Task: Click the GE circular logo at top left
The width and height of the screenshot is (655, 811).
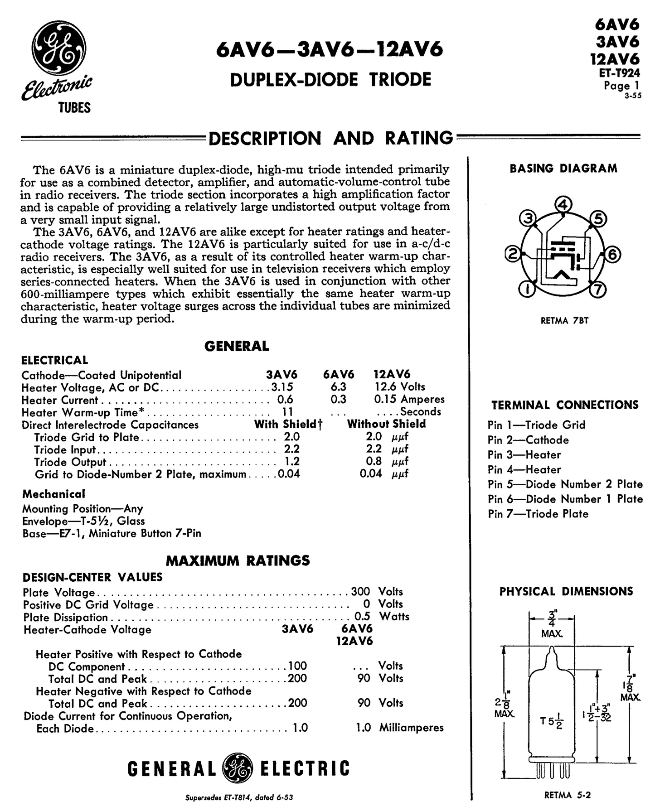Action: (61, 49)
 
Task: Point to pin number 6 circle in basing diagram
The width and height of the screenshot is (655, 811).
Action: (611, 255)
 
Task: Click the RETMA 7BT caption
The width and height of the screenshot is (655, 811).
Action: (564, 321)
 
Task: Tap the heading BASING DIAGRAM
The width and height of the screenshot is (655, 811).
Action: (563, 169)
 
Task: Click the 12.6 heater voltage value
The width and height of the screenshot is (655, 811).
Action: (384, 386)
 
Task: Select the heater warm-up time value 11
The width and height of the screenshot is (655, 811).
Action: (287, 411)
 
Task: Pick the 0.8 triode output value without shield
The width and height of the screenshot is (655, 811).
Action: (374, 461)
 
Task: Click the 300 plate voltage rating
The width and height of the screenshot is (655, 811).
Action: (360, 591)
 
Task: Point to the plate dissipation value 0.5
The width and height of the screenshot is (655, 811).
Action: (362, 616)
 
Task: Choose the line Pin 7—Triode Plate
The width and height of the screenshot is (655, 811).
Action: (538, 514)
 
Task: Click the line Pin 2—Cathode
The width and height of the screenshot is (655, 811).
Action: (528, 440)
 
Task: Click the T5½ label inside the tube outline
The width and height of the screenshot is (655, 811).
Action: (552, 721)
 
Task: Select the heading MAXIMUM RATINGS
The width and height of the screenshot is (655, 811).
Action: (238, 560)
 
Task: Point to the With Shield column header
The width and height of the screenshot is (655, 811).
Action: (288, 424)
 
